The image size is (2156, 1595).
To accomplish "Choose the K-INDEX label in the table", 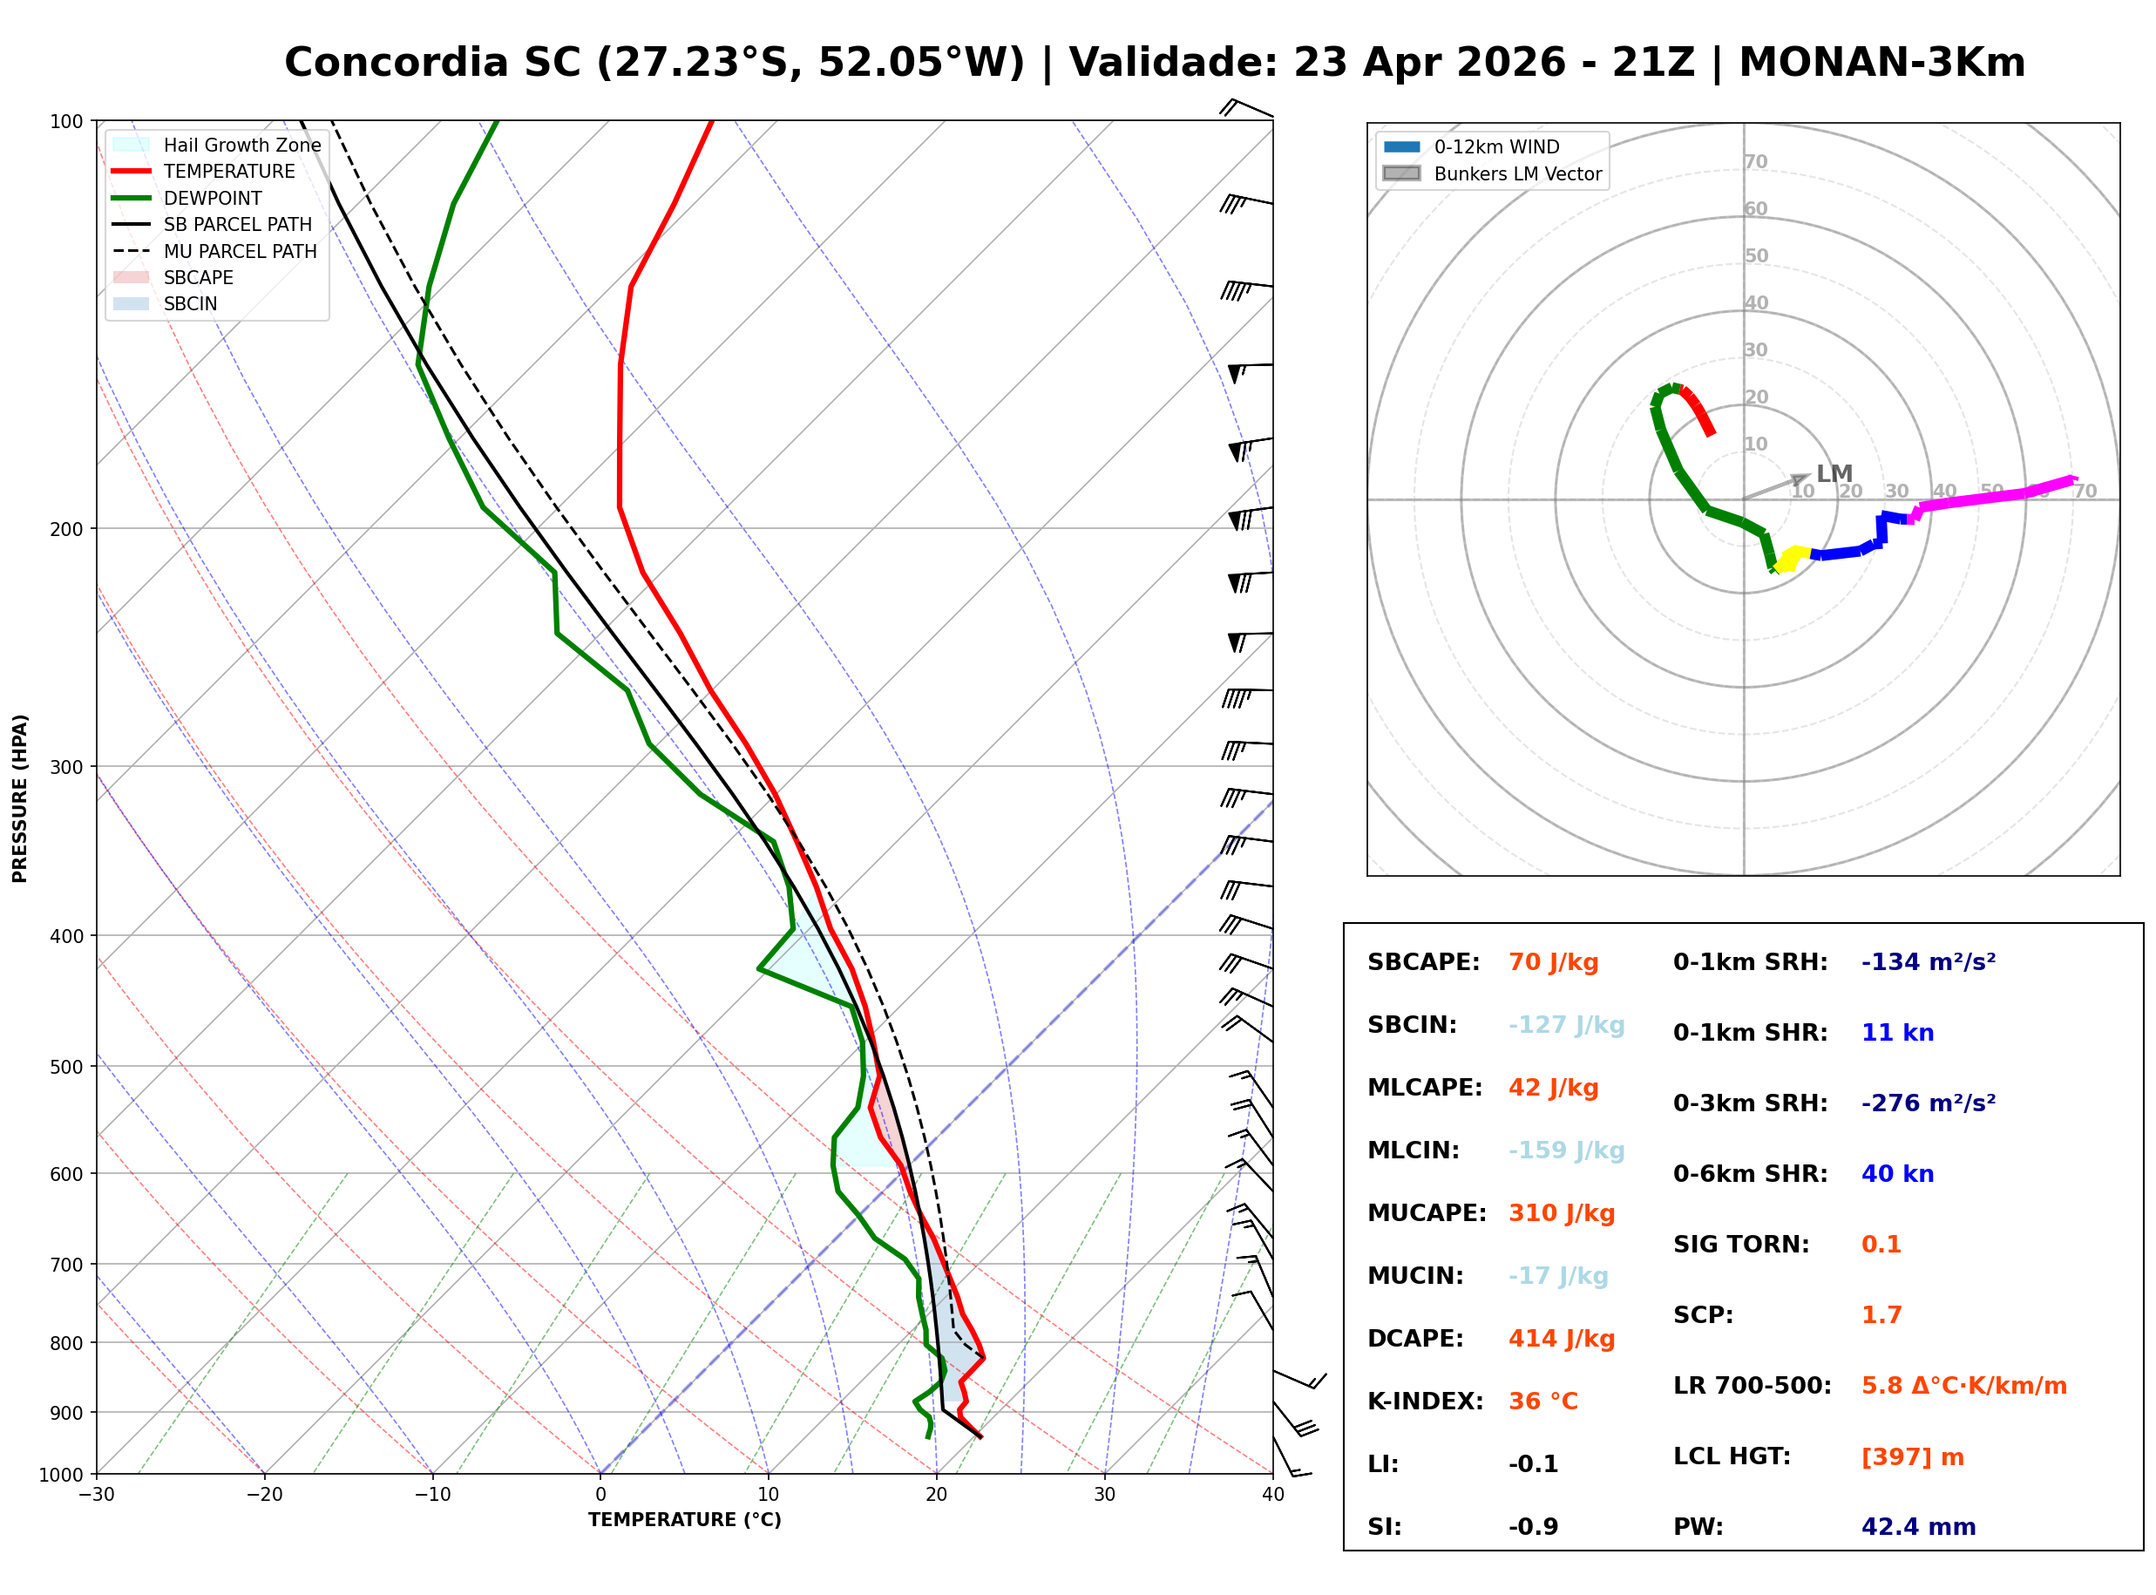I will (1425, 1401).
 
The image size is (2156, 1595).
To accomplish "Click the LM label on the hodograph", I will (1834, 473).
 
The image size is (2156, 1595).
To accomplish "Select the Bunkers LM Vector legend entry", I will (1517, 173).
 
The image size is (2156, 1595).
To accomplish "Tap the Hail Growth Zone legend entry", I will (241, 145).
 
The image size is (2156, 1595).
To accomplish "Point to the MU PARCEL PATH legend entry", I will (240, 251).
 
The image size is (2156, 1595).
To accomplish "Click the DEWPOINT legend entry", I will (213, 198).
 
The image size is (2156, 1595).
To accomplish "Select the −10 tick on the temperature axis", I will (431, 1495).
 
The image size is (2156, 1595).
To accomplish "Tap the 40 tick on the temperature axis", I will (1272, 1495).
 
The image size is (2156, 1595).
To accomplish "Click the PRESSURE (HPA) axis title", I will (20, 797).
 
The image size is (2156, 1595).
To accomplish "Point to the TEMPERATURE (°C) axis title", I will (684, 1520).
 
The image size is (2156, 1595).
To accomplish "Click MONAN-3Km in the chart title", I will (1881, 63).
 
